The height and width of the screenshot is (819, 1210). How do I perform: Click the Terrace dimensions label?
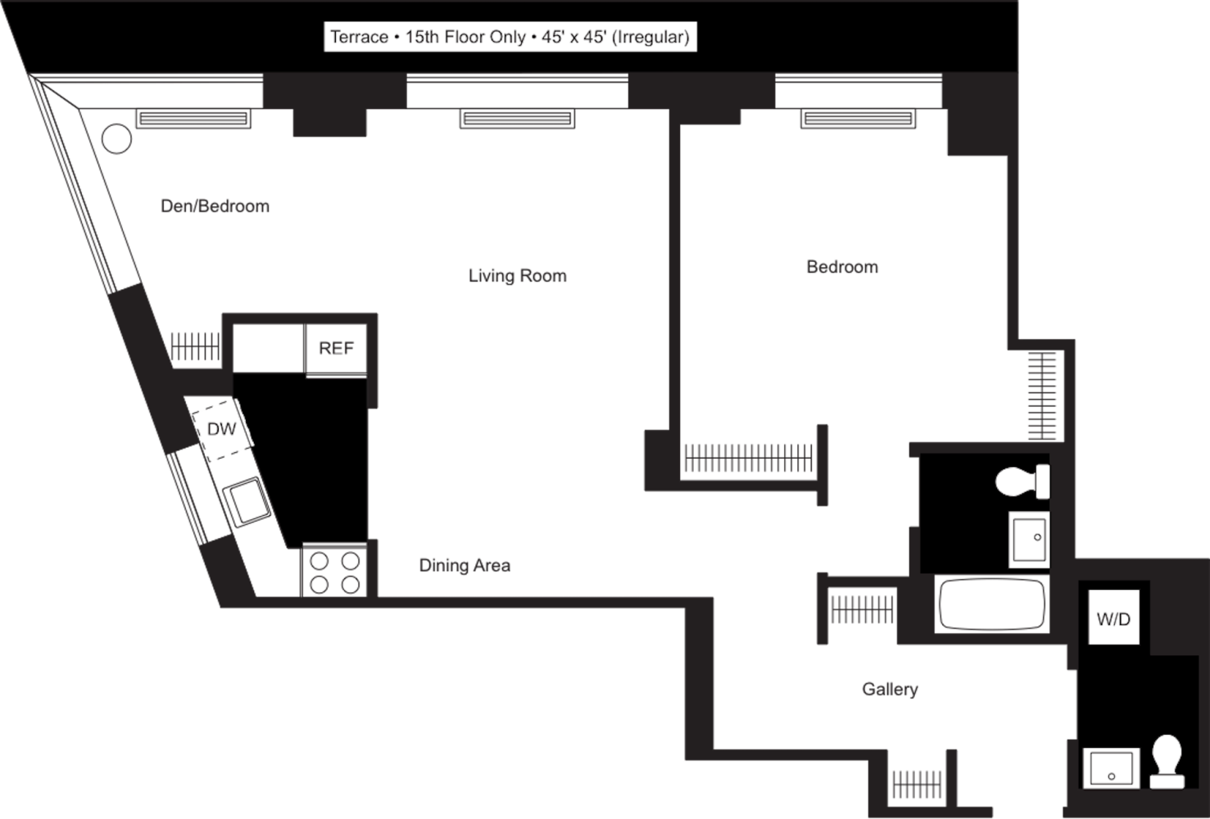(510, 37)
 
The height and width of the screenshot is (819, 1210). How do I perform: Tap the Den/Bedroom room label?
(215, 206)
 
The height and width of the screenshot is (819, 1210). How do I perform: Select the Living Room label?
(517, 275)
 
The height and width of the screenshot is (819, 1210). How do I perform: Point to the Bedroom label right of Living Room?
(842, 266)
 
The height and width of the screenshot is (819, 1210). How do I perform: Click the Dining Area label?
(465, 565)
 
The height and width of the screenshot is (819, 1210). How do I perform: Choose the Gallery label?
(890, 689)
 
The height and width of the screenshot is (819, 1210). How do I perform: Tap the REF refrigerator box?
(336, 348)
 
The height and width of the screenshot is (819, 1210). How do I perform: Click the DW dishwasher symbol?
(222, 428)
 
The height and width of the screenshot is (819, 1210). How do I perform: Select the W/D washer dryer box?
(1113, 618)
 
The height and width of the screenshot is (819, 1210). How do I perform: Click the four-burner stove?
(334, 572)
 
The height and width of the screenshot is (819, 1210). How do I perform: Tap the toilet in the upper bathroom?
(1022, 481)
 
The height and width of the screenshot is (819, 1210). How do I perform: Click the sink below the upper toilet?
(1029, 539)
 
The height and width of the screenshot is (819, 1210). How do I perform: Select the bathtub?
(992, 604)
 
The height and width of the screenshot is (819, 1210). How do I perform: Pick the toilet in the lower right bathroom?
(1167, 760)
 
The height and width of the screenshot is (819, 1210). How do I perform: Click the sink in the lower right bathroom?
(1111, 768)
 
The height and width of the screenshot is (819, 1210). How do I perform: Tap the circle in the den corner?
(116, 138)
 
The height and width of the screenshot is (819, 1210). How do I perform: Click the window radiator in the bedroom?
(858, 119)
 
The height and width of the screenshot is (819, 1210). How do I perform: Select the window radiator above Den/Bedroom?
(193, 119)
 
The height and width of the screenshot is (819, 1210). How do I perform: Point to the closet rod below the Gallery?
(917, 783)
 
